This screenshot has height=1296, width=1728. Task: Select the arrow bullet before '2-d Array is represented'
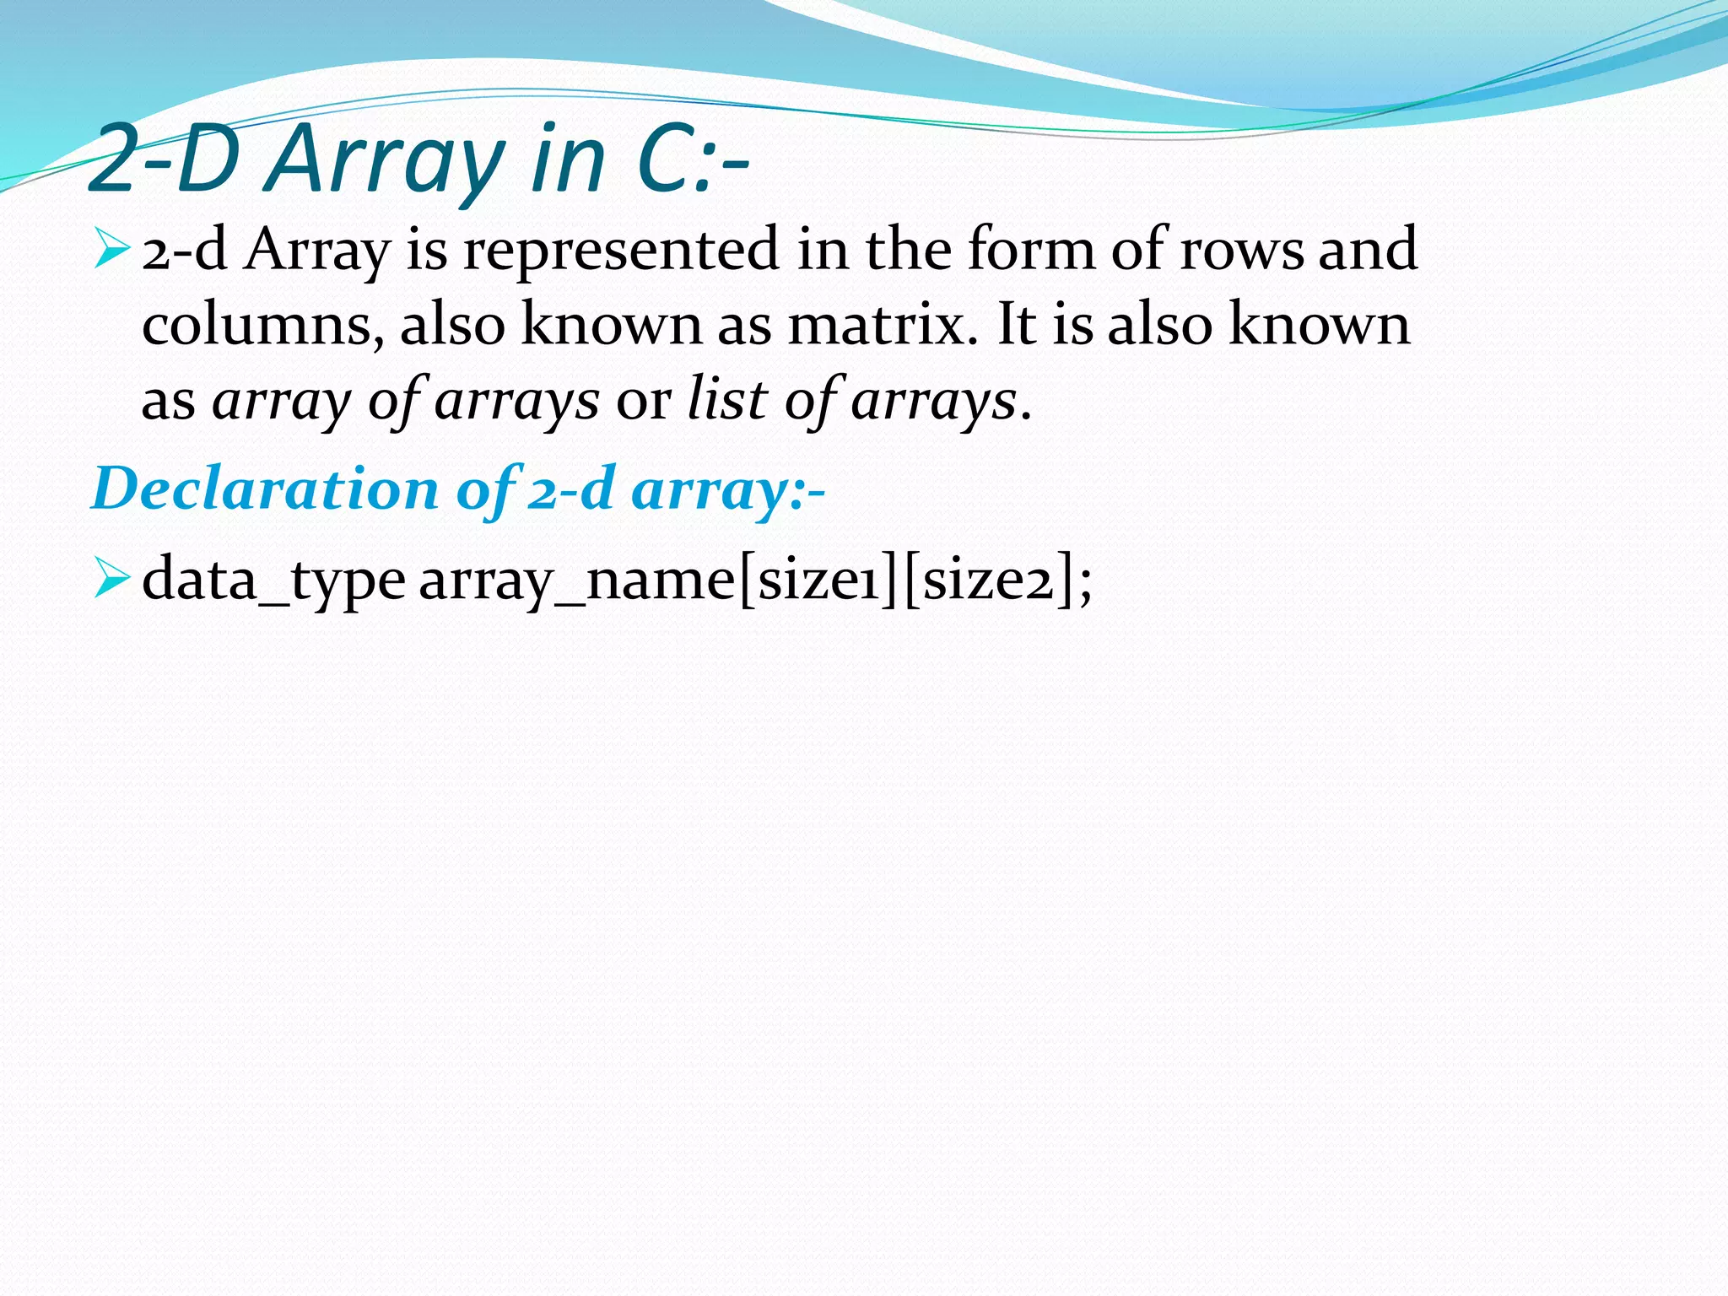[x=111, y=250]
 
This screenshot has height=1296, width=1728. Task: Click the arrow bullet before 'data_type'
[x=111, y=580]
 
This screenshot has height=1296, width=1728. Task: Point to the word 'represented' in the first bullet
[x=621, y=251]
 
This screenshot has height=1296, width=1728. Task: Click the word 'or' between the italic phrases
[x=644, y=401]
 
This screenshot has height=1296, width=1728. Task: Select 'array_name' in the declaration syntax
[x=577, y=581]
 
